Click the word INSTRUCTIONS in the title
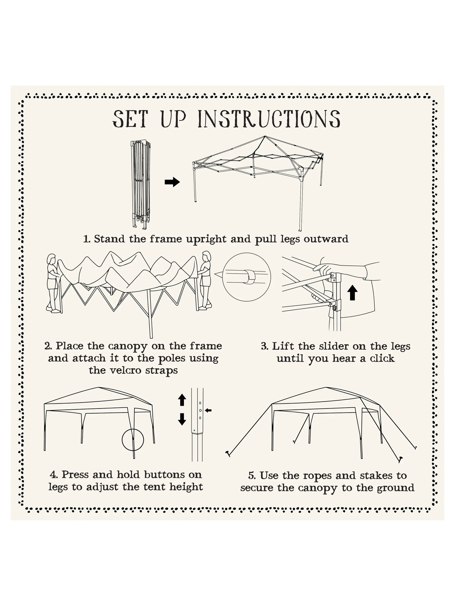[269, 119]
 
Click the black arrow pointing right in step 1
[172, 182]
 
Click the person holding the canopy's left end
[52, 283]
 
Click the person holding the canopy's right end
[206, 280]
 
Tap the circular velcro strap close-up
[247, 277]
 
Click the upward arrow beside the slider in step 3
[352, 292]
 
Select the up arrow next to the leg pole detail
[182, 400]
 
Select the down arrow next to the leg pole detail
[182, 419]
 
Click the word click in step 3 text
[382, 358]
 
